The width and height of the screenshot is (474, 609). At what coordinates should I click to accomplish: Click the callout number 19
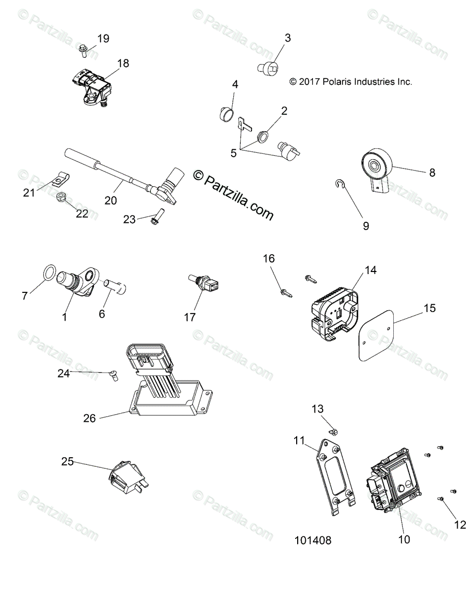click(x=103, y=39)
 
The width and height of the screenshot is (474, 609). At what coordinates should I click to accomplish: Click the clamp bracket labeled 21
click(x=60, y=178)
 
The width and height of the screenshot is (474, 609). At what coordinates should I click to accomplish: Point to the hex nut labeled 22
click(x=61, y=196)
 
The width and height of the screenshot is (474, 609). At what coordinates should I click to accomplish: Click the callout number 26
click(x=90, y=418)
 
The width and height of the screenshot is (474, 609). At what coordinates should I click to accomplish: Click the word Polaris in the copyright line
click(x=338, y=81)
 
